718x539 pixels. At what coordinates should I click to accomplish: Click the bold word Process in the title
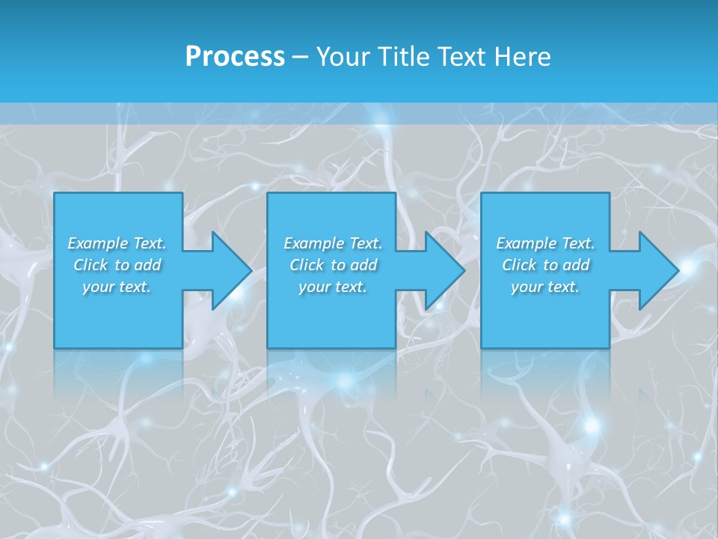point(235,57)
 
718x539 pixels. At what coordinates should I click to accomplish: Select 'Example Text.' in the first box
point(117,243)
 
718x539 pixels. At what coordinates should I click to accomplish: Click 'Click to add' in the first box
point(117,265)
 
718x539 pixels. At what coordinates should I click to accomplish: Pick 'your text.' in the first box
point(117,287)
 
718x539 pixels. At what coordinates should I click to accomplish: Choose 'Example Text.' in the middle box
point(333,243)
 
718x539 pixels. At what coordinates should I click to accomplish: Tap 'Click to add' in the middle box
point(333,265)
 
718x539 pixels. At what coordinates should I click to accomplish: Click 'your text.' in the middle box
point(333,287)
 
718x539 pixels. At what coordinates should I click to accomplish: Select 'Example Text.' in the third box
point(545,243)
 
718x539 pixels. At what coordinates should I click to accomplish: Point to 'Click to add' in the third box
point(545,265)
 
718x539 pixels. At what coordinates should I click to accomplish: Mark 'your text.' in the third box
point(545,287)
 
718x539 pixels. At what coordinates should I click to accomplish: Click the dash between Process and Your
point(300,58)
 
